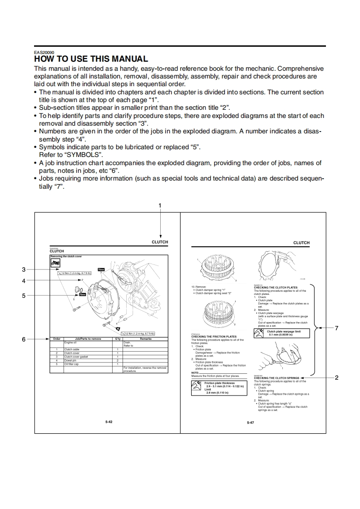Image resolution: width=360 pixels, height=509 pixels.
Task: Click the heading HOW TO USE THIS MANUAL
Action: coord(91,59)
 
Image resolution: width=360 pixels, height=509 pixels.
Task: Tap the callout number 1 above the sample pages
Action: coord(160,206)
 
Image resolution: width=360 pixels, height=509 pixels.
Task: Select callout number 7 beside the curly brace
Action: coord(336,328)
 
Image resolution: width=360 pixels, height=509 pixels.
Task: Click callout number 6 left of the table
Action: coord(24,339)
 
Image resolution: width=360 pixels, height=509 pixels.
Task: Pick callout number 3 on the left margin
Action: coord(24,269)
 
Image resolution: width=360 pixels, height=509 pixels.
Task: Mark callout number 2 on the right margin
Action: coord(336,377)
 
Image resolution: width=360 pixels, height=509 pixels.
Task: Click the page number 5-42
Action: coord(108,422)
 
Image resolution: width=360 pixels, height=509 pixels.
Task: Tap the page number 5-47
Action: coord(250,422)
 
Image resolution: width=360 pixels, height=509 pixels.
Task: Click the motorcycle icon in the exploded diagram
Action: coord(55,263)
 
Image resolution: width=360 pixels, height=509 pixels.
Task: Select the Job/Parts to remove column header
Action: coord(88,339)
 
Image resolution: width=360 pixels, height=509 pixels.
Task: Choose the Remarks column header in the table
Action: coord(145,339)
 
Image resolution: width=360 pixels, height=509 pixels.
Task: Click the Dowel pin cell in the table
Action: coord(70,360)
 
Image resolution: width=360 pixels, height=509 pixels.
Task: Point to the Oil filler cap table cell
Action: coord(72,364)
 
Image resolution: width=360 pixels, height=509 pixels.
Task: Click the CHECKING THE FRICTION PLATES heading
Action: coord(214,337)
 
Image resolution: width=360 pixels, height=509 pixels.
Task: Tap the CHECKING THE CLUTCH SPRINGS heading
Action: coord(276,377)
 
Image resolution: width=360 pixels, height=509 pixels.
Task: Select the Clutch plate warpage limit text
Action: coord(286,331)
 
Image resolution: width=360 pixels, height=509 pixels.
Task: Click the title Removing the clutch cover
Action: coord(66,256)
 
